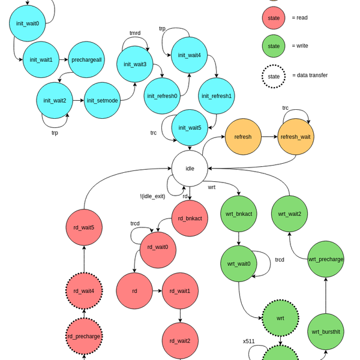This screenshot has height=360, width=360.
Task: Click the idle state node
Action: tap(190, 169)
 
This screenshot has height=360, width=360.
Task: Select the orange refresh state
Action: tap(243, 137)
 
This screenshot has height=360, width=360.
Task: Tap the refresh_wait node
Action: tap(296, 137)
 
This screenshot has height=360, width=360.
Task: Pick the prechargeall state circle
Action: tap(86, 59)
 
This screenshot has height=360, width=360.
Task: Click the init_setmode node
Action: tap(103, 100)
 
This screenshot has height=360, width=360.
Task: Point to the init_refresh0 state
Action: tap(162, 96)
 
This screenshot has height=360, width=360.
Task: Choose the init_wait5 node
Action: tap(190, 128)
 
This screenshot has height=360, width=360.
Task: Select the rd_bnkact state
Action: tap(190, 218)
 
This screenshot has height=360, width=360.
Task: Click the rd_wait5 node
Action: tap(84, 227)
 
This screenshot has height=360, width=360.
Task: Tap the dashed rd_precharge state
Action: tap(84, 336)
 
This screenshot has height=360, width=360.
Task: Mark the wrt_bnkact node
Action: tap(239, 214)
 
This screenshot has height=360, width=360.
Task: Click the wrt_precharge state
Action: tap(326, 259)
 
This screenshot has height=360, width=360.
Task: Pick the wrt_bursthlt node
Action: tap(326, 332)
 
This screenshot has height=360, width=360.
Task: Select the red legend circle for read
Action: tap(274, 18)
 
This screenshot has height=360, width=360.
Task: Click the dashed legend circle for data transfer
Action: tap(274, 76)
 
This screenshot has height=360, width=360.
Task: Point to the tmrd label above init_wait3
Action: tap(135, 33)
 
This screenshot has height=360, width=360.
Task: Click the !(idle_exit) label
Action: tap(152, 196)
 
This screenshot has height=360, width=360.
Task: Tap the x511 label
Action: tap(249, 341)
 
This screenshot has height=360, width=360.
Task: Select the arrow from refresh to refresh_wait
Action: tap(269, 137)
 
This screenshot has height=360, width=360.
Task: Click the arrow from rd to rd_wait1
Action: tap(157, 291)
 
